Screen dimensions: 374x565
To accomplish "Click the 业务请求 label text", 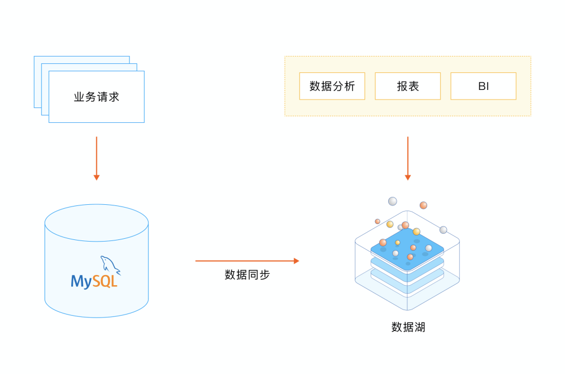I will pos(97,97).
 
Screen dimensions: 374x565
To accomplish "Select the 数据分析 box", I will pos(332,87).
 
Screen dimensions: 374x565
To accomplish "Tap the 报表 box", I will pos(407,87).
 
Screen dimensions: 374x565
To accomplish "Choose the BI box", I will pos(483,87).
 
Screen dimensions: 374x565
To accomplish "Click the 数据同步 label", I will pos(247,275).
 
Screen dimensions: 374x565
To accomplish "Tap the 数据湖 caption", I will pos(408,327).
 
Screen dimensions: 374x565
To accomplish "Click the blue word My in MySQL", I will pos(81,281).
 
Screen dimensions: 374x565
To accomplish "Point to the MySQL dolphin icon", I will pos(110,264).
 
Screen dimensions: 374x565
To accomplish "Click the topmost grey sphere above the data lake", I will pos(392,201).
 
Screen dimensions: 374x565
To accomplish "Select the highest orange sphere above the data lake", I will pos(423,205).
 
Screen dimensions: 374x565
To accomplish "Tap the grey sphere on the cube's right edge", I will pos(444,230).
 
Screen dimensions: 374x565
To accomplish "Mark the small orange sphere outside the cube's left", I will pos(377,221).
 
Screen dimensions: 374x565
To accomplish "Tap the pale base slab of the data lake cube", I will pos(407,286).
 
